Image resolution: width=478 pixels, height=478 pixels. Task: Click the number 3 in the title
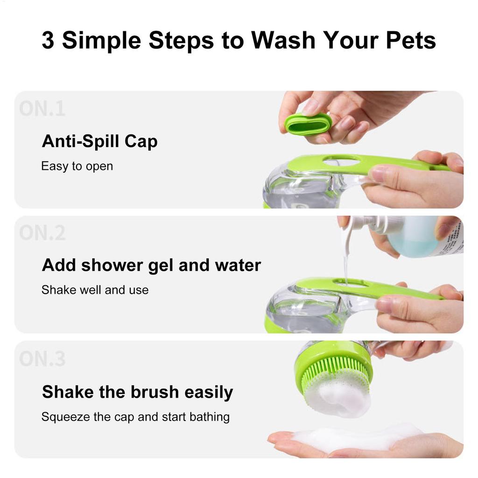[x=48, y=41]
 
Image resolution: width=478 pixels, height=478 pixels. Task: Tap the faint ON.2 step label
[x=42, y=233]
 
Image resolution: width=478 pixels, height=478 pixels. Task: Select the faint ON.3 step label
[x=42, y=358]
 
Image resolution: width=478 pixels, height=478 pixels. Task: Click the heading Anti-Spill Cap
[x=99, y=141]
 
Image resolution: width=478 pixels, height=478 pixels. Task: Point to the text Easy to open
[x=77, y=166]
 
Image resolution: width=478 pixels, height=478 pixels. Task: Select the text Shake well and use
[x=95, y=290]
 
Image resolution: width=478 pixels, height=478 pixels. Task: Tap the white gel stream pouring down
[x=345, y=266]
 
